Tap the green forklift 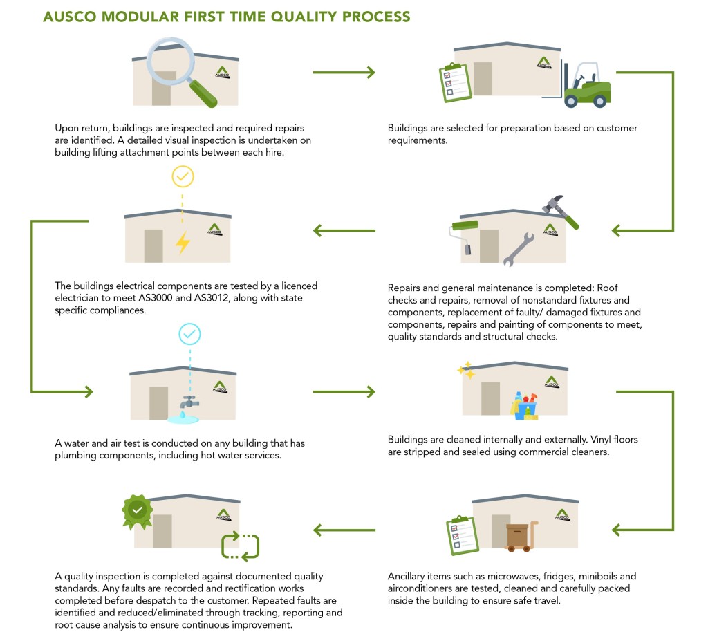(586, 87)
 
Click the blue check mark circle (189, 335)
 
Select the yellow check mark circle (183, 177)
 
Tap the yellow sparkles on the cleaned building (466, 371)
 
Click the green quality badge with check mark (138, 510)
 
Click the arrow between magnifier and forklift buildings (344, 72)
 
